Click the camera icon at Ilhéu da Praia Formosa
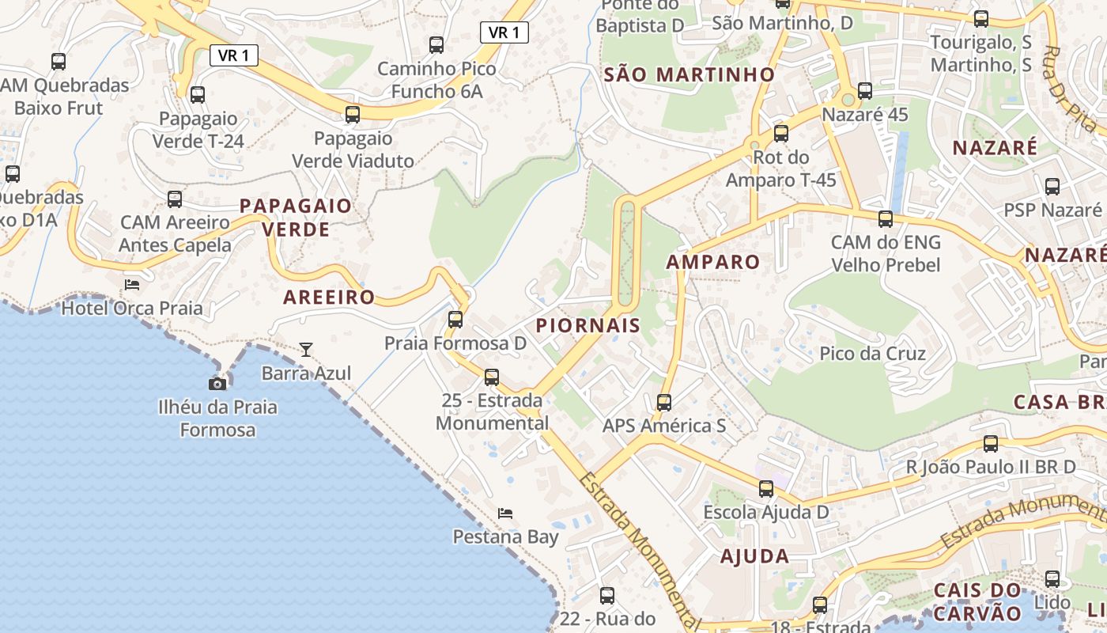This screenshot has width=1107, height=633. pos(217,384)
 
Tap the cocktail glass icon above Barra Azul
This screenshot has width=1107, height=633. pos(306,349)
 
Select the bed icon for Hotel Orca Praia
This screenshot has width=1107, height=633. pos(132,284)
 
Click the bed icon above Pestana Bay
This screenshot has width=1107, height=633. pos(505,514)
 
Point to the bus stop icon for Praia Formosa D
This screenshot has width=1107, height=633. pos(455,320)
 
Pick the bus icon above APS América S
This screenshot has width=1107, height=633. pos(664,403)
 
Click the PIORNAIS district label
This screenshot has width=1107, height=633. pos(588,325)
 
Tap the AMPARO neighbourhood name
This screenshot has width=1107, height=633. pos(712,262)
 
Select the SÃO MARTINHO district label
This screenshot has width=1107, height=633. pos(690,75)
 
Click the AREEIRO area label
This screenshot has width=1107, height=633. pos(329,298)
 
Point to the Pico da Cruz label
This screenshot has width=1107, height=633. pos(872,353)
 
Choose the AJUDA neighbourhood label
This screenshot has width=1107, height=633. pos(754,556)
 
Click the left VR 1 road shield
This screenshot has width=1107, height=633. pos(234,55)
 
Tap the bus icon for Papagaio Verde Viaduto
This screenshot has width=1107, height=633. pos(353,115)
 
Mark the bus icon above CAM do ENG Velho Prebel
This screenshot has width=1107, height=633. pos(886,219)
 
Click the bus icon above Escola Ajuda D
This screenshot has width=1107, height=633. pos(766,489)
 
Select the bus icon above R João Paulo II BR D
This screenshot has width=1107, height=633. pos(991,444)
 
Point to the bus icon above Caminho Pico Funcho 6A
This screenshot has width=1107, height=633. pos(436,45)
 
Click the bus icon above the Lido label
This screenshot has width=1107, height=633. pos(1052,579)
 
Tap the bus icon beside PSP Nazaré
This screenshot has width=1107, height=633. pos(1052,187)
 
